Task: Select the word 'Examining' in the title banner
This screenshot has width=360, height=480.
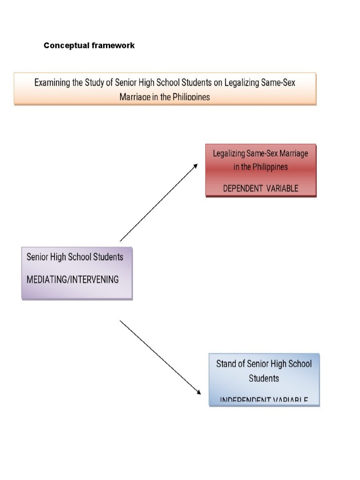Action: [x=54, y=83]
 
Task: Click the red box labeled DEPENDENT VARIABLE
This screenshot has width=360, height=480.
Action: [x=261, y=170]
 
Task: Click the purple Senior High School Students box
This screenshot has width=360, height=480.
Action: [x=77, y=273]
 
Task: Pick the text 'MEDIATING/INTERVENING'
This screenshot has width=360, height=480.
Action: [x=73, y=280]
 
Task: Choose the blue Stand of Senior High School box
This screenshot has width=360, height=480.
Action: [x=264, y=379]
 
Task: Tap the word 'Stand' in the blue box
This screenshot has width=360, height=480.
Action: [x=227, y=364]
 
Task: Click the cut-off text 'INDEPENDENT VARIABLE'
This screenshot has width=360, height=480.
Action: [x=264, y=400]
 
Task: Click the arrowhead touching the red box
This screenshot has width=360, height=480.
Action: [x=195, y=166]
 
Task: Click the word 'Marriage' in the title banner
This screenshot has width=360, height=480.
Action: [x=136, y=97]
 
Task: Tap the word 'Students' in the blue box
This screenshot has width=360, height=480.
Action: [x=264, y=378]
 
